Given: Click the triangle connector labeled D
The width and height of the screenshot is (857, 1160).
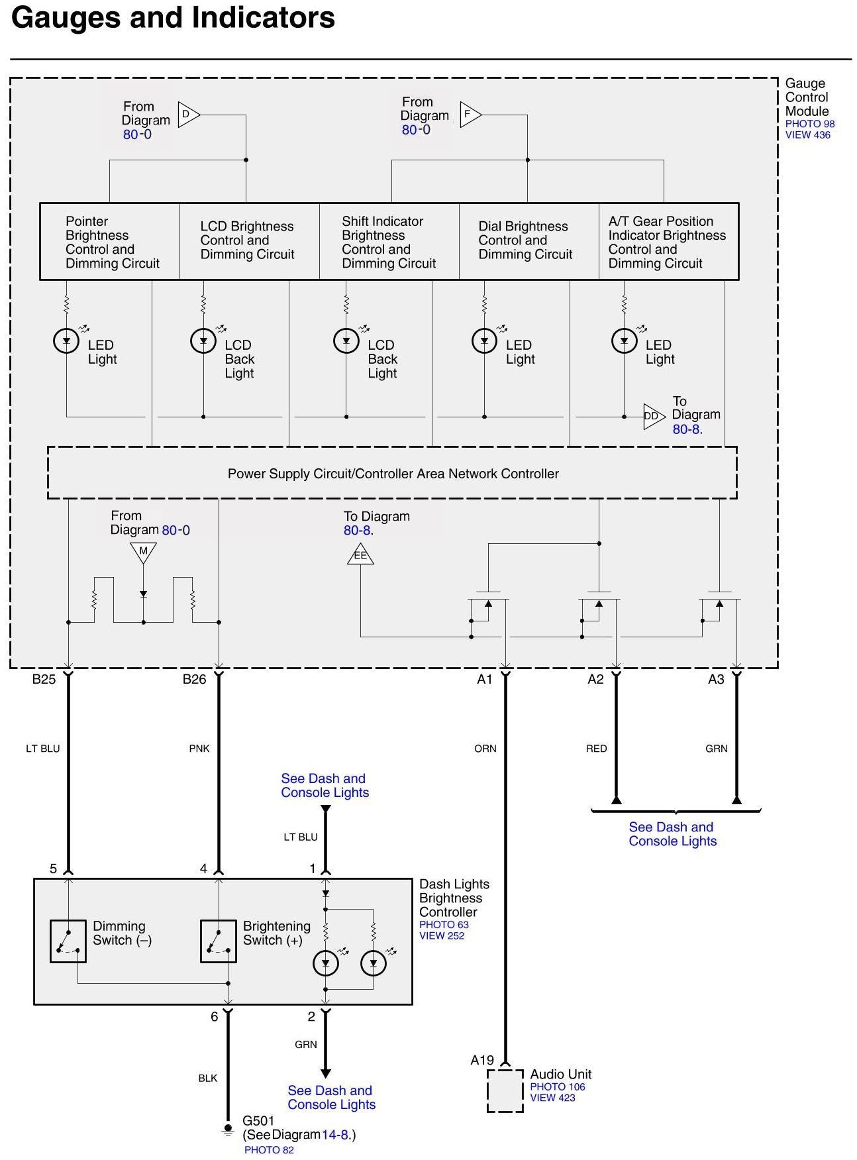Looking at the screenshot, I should pos(187,115).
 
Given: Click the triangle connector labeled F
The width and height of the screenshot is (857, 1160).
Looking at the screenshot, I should pos(469,115).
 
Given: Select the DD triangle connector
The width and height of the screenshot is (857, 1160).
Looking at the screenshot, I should pos(652,416).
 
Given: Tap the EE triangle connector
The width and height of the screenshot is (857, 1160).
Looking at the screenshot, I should pos(360,554).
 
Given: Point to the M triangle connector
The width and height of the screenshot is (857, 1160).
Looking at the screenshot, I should pos(143,551).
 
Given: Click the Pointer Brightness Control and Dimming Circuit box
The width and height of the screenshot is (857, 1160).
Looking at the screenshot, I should pos(110,242).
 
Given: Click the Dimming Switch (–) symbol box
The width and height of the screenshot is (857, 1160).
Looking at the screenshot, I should pos(68,941).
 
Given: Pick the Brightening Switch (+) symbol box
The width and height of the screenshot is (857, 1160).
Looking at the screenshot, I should pos(219,941).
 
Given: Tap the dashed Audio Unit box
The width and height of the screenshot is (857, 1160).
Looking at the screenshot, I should pos(505,1090).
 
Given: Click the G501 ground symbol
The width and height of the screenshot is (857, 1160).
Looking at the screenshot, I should pos(228,1129).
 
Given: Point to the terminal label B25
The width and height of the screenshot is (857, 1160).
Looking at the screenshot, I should pos(44,679).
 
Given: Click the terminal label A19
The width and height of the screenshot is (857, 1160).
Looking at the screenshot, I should pos(482,1060).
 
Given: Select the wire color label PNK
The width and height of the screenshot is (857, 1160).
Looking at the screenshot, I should pos(199,749).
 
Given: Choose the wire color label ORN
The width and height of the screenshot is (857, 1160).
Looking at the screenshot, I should pos(485,749).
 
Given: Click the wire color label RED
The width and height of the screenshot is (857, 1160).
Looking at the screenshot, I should pos(596,749).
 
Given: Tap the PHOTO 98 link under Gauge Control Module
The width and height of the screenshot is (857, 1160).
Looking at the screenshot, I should pos(810,124).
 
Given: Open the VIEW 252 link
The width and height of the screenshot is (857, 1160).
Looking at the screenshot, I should pos(442,935).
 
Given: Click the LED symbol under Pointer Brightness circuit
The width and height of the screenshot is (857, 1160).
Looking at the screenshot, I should pos(66,341).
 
